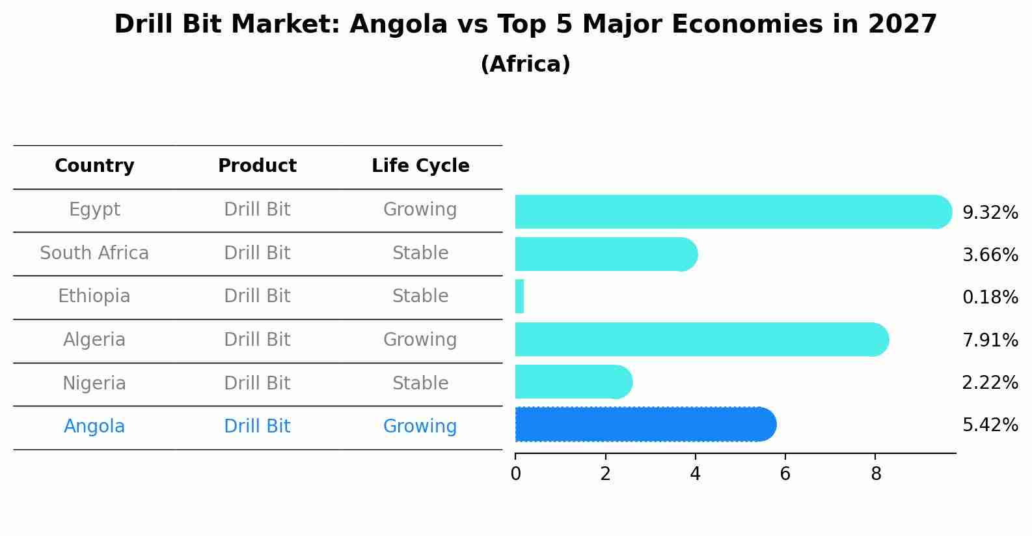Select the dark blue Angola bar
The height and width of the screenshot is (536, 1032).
[x=644, y=425]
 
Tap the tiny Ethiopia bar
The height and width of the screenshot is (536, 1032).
[x=519, y=297]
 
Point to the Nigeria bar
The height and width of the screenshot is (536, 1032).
[x=573, y=382]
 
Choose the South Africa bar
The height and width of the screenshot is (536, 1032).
[x=605, y=254]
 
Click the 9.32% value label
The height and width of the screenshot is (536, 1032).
[x=990, y=213]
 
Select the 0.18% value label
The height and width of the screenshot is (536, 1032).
[x=990, y=298]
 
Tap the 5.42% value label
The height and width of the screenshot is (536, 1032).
[x=990, y=425]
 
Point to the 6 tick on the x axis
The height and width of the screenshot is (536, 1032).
[x=785, y=474]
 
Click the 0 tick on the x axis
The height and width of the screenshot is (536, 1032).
[x=515, y=474]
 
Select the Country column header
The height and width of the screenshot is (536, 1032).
[x=94, y=166]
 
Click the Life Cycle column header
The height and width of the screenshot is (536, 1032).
[x=420, y=166]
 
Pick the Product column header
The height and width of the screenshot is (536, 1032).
[x=257, y=166]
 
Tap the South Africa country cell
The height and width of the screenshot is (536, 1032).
[x=94, y=253]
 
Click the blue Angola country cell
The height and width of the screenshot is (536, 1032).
[x=94, y=427]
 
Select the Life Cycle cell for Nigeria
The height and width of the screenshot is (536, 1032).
[x=420, y=384]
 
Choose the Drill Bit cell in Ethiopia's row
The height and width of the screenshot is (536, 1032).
[x=257, y=296]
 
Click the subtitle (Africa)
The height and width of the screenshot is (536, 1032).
[x=525, y=64]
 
